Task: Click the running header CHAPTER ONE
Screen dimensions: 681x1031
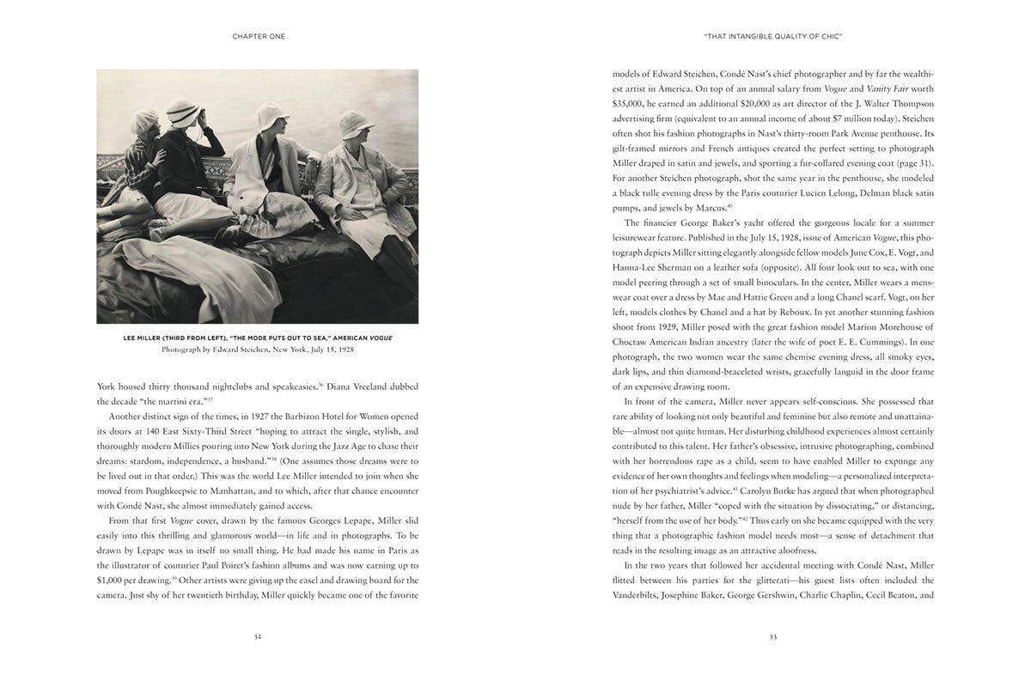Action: (x=259, y=36)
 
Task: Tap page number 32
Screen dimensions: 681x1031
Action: (x=258, y=636)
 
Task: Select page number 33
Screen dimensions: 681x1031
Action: (x=772, y=636)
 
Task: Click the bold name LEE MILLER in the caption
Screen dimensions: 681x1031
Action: (x=142, y=338)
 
